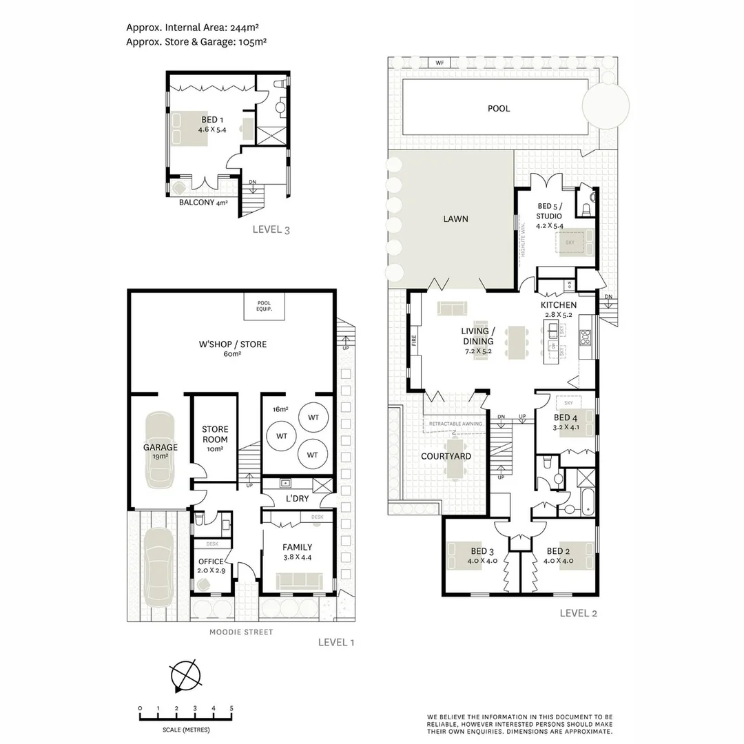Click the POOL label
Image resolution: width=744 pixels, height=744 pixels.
coord(499,108)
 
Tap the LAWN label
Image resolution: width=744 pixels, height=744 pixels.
coord(455,219)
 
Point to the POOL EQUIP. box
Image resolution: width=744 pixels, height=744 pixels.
coord(264,306)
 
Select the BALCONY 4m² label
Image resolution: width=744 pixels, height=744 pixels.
coord(203,203)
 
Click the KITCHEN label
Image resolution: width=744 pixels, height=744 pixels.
coord(558,305)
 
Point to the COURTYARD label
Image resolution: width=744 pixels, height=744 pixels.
coord(446,456)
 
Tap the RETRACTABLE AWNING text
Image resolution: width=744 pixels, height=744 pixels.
coord(455,424)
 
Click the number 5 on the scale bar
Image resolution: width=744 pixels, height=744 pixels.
coord(231,708)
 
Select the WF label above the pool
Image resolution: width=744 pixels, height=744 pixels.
coord(439,63)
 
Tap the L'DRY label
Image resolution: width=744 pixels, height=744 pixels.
coord(296,499)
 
